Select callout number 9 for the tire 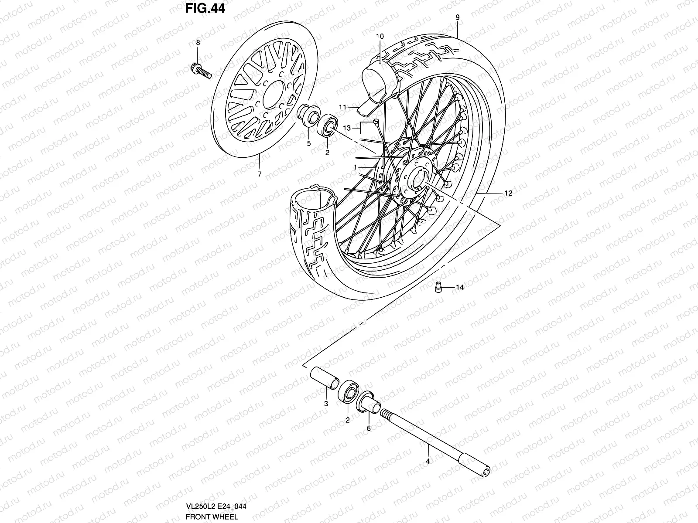click(457, 17)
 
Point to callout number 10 click(380, 37)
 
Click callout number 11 click(342, 107)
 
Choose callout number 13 click(347, 128)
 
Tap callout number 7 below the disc click(259, 174)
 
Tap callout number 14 click(460, 287)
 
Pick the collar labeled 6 click(367, 401)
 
